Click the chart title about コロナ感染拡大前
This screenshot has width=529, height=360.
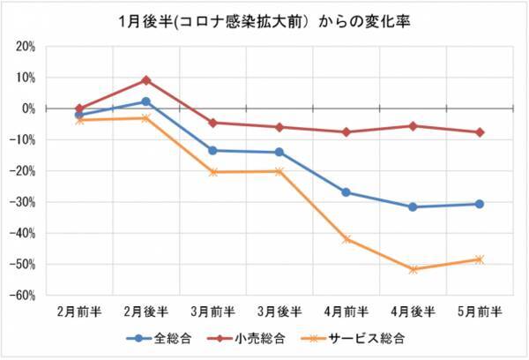tap(264, 19)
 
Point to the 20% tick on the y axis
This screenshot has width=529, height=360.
tap(24, 46)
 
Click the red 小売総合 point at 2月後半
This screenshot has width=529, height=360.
tap(146, 80)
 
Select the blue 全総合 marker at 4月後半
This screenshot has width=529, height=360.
tap(413, 207)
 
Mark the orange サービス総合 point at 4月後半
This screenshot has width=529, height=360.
tap(413, 269)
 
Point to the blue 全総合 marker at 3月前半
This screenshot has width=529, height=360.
tap(212, 150)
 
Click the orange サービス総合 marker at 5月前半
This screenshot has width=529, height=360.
tap(480, 259)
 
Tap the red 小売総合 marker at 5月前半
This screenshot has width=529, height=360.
tap(480, 132)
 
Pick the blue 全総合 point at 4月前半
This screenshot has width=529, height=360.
tap(346, 191)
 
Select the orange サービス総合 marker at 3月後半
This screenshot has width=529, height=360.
tap(279, 171)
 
